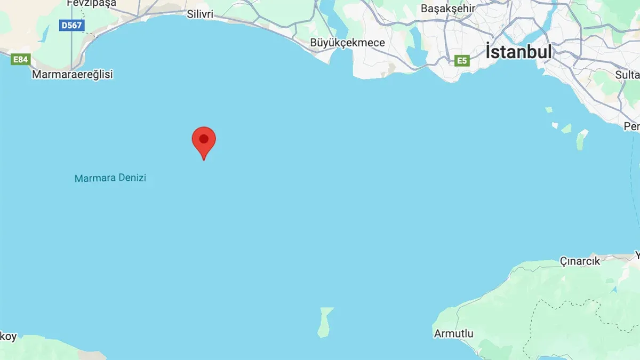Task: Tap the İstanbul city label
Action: [x=518, y=52]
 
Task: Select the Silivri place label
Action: [x=200, y=14]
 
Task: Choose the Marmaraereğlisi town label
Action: [x=73, y=75]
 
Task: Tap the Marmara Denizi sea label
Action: [x=110, y=178]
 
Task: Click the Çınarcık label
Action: [x=580, y=261]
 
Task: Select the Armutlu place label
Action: [x=453, y=334]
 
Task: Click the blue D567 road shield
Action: [x=72, y=25]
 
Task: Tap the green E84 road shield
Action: [x=20, y=59]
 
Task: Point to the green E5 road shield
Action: [x=462, y=61]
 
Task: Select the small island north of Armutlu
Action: [x=325, y=322]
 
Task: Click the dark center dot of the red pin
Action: [x=204, y=139]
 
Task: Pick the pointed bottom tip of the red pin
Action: [x=204, y=159]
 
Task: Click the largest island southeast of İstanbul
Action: [x=581, y=140]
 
